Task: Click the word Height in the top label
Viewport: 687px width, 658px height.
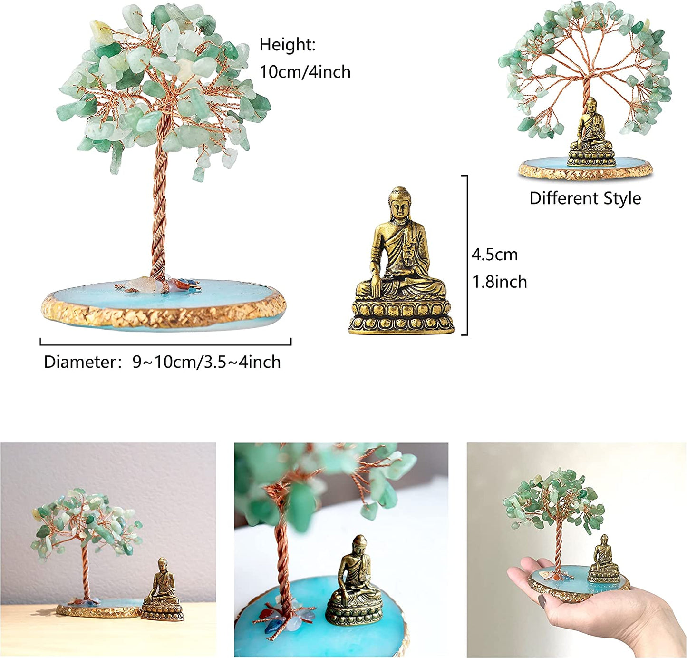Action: click(287, 45)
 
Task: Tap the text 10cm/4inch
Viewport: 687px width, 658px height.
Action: click(305, 72)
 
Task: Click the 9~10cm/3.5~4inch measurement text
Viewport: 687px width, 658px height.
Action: click(206, 362)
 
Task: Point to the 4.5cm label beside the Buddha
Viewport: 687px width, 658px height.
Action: click(494, 255)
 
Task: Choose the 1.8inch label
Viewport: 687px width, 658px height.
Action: click(499, 282)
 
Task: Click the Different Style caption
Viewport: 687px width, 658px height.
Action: click(585, 198)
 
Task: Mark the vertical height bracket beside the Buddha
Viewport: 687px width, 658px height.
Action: click(467, 255)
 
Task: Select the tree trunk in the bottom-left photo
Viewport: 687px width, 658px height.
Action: click(86, 571)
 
